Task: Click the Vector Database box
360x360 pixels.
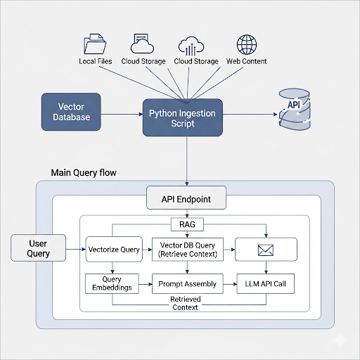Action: coord(71,112)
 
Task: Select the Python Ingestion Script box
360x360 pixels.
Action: coord(183,117)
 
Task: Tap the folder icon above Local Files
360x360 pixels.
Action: coord(95,44)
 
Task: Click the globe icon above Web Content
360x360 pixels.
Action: coord(247,44)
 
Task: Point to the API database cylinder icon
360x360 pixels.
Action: coord(295,109)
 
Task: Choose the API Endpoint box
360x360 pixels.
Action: coord(186,198)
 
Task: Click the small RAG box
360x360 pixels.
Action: coord(187,224)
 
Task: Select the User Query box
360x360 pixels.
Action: coord(38,247)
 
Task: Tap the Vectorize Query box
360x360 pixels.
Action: coord(114,249)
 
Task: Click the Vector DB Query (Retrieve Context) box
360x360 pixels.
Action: coord(188,250)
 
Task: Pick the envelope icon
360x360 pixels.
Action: coord(266,250)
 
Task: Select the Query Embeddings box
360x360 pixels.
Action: coord(112,283)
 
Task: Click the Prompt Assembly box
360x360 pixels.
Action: coord(188,283)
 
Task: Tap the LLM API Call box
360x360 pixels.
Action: coord(266,283)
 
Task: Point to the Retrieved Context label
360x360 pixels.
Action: coord(186,303)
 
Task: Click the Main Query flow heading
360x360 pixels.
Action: coord(84,173)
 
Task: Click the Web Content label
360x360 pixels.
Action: coord(247,61)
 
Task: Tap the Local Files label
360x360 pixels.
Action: coord(96,61)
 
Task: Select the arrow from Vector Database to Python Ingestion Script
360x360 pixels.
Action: coord(122,115)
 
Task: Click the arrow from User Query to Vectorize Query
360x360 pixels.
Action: coord(76,249)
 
